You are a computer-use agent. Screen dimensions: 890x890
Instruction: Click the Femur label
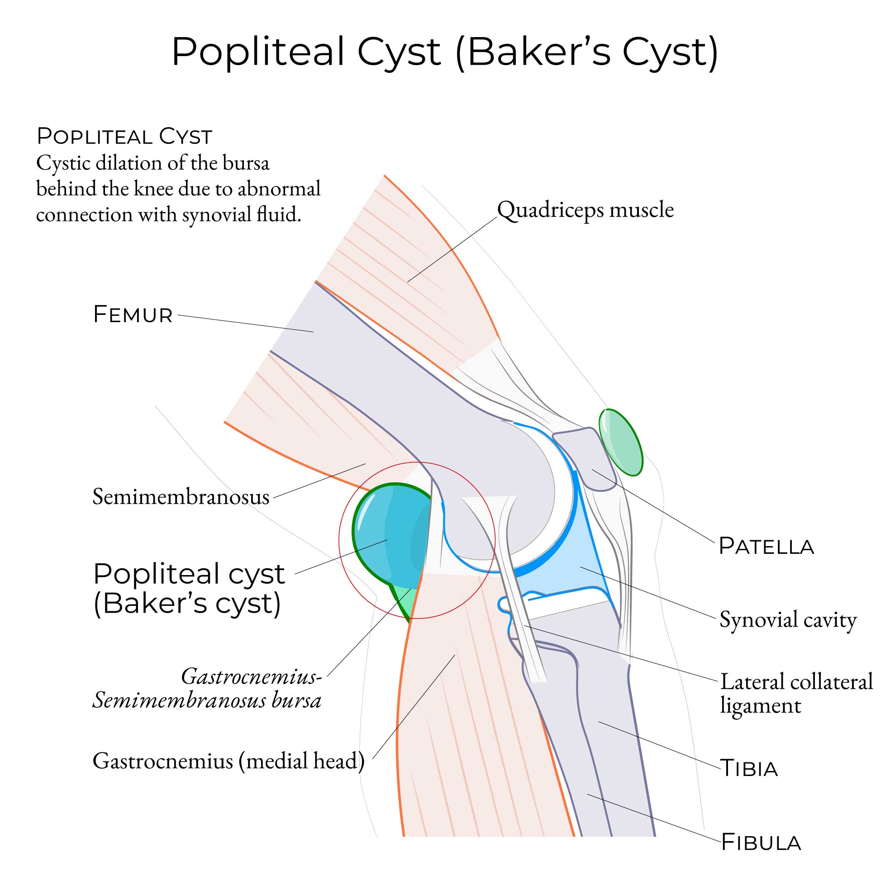point(133,315)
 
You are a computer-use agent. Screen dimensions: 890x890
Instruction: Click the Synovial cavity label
point(788,619)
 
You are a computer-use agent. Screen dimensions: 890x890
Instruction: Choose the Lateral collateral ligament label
point(796,694)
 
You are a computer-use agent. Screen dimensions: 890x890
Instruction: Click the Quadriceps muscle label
point(585,210)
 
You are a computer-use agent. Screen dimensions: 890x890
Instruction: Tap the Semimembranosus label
point(181,497)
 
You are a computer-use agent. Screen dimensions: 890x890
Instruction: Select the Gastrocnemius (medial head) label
point(228,761)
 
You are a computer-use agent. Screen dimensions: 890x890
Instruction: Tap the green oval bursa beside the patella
point(620,443)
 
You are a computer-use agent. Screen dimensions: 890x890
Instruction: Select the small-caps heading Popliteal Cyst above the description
point(124,137)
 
